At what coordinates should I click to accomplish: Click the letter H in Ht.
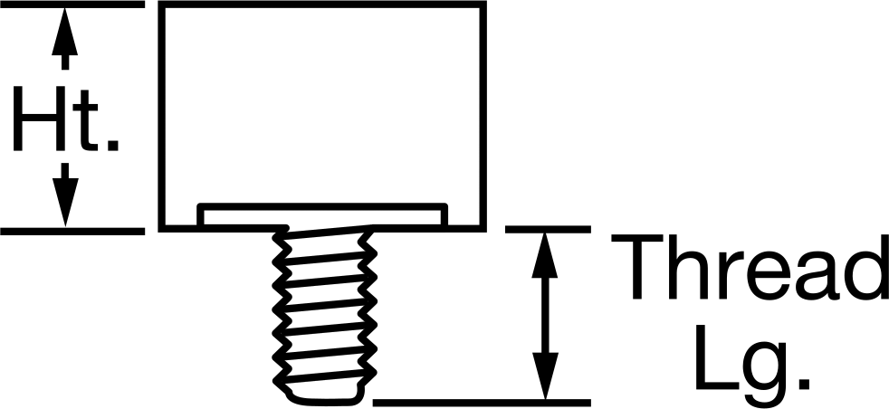(x=40, y=119)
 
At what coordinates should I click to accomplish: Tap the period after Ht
(x=113, y=145)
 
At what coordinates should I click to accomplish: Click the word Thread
(x=750, y=266)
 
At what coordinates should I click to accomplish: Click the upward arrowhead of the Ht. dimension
(x=64, y=31)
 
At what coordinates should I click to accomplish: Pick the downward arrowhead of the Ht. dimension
(x=65, y=202)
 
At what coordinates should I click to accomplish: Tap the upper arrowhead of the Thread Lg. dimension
(x=545, y=255)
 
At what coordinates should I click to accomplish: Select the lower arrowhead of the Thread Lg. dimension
(x=545, y=376)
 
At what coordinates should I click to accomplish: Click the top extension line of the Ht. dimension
(x=72, y=5)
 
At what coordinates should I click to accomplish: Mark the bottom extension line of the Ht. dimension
(x=72, y=231)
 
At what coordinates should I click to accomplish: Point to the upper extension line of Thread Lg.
(x=549, y=229)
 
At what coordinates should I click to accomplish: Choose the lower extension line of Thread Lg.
(x=482, y=403)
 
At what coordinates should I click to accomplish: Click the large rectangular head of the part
(x=322, y=116)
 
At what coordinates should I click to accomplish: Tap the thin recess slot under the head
(x=322, y=215)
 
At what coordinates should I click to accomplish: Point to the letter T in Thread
(x=637, y=266)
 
